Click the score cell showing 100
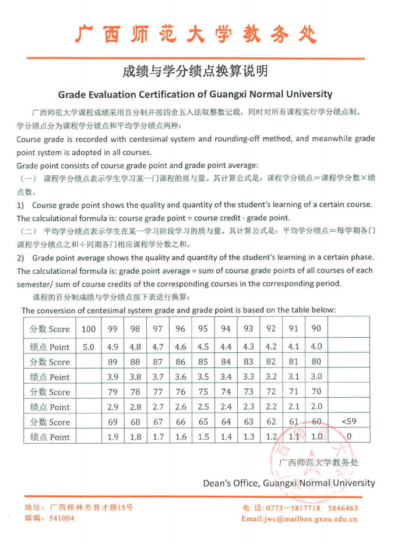tap(89, 328)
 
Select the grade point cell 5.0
tap(89, 346)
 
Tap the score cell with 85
tap(203, 362)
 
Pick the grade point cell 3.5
tap(203, 377)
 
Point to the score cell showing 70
tap(316, 392)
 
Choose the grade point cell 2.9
tap(113, 407)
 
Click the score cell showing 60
tap(316, 422)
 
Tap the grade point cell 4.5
tap(203, 346)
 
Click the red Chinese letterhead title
tap(196, 34)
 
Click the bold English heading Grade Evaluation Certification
tap(195, 94)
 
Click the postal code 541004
tap(62, 518)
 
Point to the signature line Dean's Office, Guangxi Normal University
tap(289, 483)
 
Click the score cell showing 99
tap(113, 328)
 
